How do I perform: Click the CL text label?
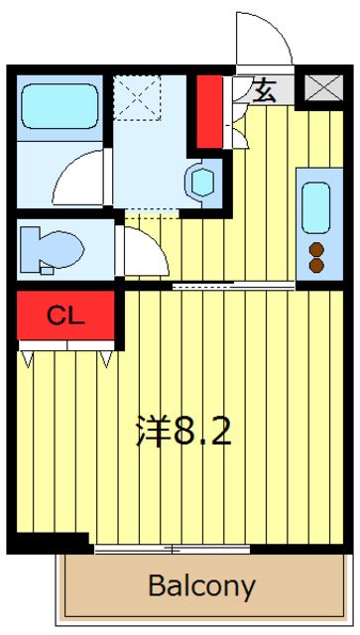(x=66, y=317)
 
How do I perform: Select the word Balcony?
(x=201, y=585)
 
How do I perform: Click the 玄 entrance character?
(x=265, y=91)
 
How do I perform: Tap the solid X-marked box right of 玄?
(x=319, y=88)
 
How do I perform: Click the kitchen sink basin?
(x=316, y=205)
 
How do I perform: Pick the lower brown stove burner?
(x=316, y=265)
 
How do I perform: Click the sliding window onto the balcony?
(x=174, y=548)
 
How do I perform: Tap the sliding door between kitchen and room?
(x=233, y=287)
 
